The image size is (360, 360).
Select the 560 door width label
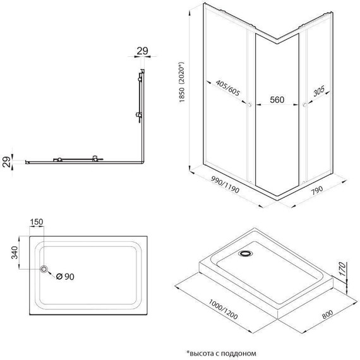click(x=278, y=99)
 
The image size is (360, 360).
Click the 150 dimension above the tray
click(x=35, y=222)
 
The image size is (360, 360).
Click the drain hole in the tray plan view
click(x=44, y=270)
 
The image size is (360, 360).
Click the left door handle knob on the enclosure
click(x=251, y=104)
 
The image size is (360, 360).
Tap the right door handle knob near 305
click(x=304, y=104)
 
